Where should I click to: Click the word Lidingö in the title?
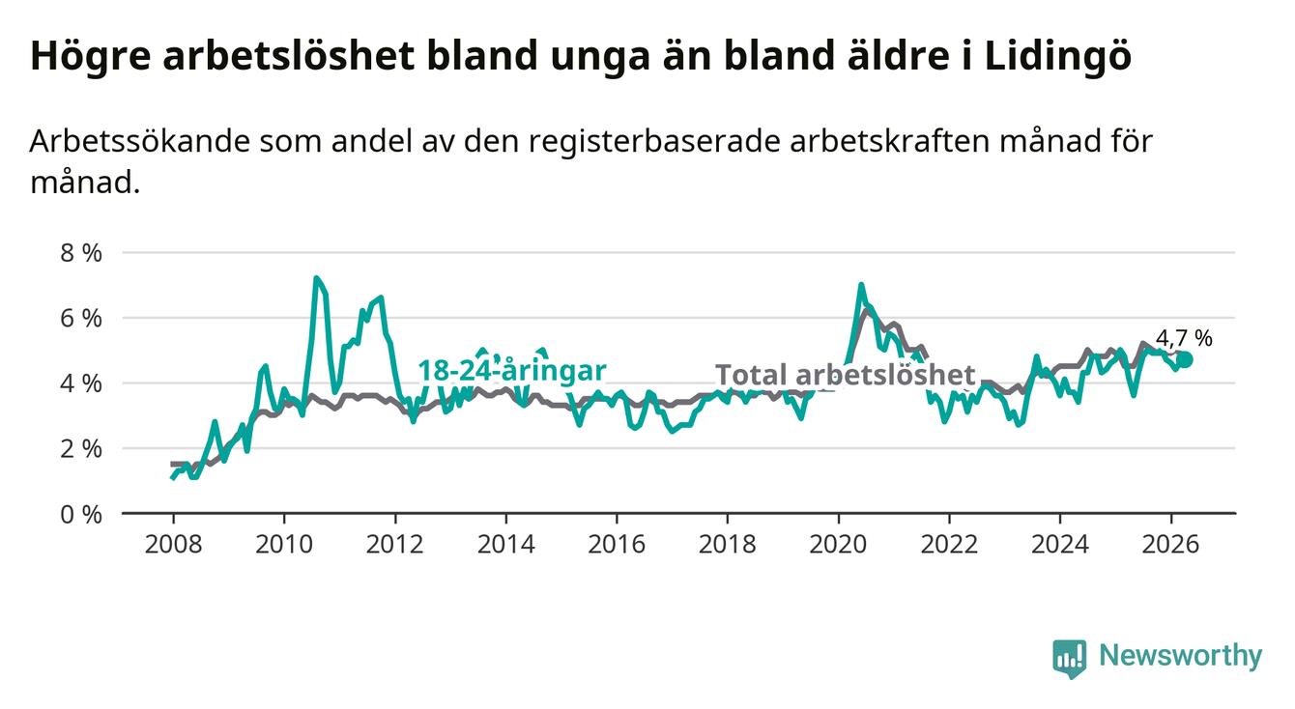(1057, 57)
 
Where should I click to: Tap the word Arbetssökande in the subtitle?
(139, 141)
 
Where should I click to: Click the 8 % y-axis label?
(81, 253)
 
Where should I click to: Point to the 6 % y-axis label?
(81, 319)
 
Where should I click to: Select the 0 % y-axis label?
(81, 514)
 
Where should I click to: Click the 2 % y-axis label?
(81, 449)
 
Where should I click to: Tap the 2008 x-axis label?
(173, 545)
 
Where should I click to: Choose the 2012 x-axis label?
(395, 545)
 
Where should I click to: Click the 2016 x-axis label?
(617, 545)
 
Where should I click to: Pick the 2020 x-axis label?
(838, 545)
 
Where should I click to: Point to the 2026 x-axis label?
(1170, 545)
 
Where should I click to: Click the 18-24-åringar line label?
(512, 371)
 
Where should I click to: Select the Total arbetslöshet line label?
(846, 375)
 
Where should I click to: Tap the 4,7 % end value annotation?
(1184, 338)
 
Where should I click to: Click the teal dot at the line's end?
(1185, 359)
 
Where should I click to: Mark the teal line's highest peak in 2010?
(316, 278)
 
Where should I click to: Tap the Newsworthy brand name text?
(1180, 655)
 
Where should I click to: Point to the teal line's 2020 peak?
(861, 284)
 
